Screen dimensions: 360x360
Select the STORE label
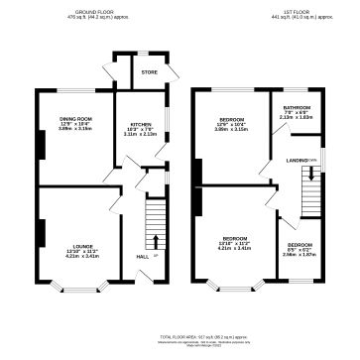150,71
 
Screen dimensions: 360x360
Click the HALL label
143,257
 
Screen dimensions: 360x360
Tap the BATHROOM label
298,107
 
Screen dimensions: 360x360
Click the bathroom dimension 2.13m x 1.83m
298,118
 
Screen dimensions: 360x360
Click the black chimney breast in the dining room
40,146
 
